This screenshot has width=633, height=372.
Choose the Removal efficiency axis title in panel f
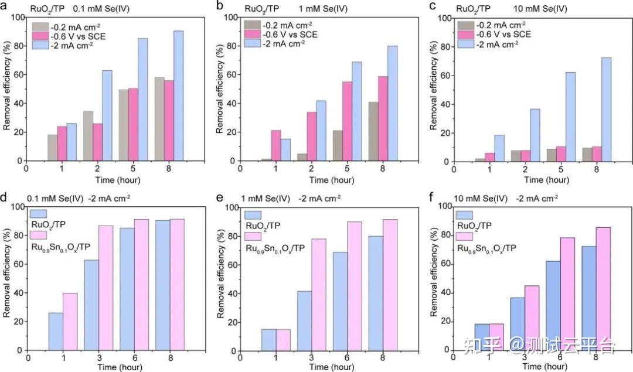pyautogui.click(x=434, y=278)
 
